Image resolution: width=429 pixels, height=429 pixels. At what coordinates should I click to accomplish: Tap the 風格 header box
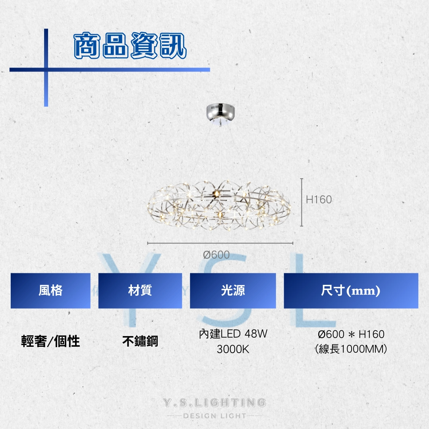(x=50, y=291)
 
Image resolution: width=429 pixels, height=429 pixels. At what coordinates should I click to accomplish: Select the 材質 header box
(x=140, y=291)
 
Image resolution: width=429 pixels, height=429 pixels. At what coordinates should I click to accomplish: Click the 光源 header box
(x=233, y=291)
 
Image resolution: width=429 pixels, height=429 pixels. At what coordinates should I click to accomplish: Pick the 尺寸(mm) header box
(x=351, y=291)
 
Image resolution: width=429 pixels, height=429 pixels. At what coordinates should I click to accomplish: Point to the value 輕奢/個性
(x=50, y=341)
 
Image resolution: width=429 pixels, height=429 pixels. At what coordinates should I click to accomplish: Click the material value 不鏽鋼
(x=140, y=341)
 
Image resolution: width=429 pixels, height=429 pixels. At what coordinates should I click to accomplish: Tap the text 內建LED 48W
(x=233, y=334)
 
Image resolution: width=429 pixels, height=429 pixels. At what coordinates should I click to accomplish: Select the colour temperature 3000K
(x=233, y=350)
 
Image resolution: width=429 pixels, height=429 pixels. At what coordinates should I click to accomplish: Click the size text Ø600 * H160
(x=351, y=334)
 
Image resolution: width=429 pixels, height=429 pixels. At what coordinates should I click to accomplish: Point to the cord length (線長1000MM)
(x=351, y=350)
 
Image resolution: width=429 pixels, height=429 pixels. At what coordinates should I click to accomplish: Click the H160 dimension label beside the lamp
(x=319, y=200)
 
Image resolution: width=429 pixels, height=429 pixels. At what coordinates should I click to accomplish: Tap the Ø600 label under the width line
(x=216, y=255)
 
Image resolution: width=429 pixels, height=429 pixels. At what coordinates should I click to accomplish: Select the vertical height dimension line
(x=302, y=203)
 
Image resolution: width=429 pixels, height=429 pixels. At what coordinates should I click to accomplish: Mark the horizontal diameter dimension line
(x=220, y=243)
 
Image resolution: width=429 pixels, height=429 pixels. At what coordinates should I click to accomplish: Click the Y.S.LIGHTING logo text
(x=214, y=403)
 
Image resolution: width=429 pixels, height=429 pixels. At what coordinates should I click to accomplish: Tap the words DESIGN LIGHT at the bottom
(x=214, y=416)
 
